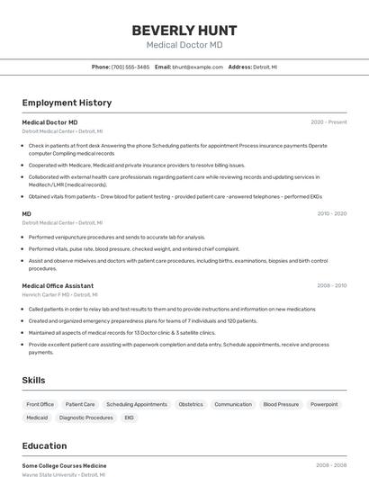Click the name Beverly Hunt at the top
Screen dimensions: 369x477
(x=184, y=30)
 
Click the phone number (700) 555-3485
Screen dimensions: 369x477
(x=130, y=67)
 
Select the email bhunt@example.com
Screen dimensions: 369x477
(x=197, y=67)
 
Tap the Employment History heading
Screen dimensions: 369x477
(x=67, y=103)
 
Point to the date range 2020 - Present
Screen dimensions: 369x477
(x=328, y=121)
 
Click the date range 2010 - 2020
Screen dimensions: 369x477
(x=332, y=214)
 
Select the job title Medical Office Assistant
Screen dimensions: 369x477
(x=58, y=285)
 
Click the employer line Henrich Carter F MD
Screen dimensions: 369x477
(x=58, y=294)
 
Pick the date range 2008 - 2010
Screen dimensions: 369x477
(x=332, y=285)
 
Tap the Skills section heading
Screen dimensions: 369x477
(x=34, y=381)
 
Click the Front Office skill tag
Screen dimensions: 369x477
(x=40, y=404)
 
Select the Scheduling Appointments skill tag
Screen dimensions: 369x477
(x=137, y=404)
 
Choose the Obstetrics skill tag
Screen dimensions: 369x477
(x=191, y=404)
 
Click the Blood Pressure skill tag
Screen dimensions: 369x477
(x=281, y=404)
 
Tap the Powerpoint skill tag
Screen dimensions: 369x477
(x=324, y=404)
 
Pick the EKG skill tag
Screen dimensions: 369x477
(x=130, y=418)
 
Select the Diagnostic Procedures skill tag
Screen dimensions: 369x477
(x=86, y=418)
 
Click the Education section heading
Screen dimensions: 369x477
(x=45, y=445)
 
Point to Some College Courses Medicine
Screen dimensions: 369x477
(x=64, y=465)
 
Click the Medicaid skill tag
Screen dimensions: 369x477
(x=37, y=418)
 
